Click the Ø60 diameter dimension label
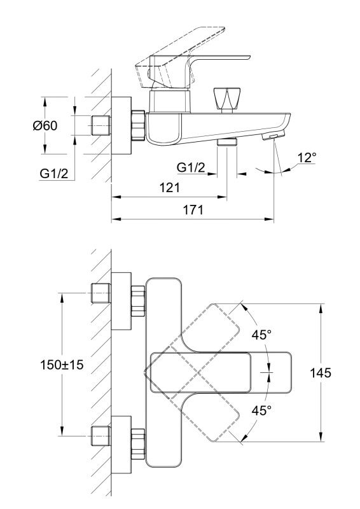(45, 125)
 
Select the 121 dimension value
(169, 188)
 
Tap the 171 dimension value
(193, 210)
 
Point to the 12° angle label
(307, 158)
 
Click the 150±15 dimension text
(62, 365)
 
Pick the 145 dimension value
(321, 373)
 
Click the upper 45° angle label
(261, 335)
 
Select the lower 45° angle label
(261, 410)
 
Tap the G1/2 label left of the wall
(54, 174)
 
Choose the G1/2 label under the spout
(191, 167)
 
